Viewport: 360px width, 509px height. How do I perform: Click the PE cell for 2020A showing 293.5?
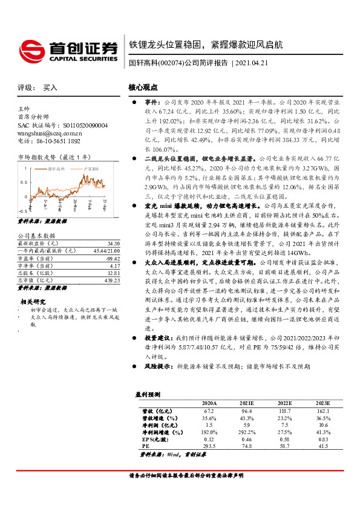[208, 445]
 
